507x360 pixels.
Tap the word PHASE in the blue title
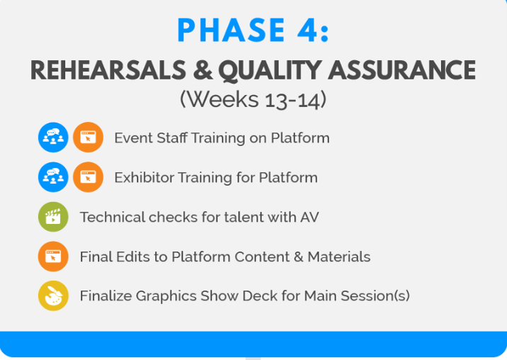227,30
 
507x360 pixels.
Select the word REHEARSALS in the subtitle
101,70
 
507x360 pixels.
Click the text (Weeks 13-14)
253,99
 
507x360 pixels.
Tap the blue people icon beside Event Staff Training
53,137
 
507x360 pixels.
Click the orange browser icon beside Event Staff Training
88,137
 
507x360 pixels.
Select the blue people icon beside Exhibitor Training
53,177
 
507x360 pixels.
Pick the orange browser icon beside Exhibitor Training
88,177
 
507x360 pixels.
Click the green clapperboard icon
53,217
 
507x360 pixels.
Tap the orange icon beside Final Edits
53,257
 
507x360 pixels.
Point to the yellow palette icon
53,296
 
